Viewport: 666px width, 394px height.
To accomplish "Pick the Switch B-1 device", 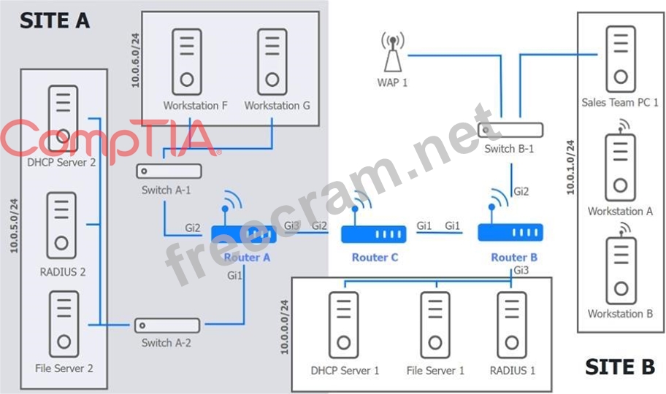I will click(x=510, y=130).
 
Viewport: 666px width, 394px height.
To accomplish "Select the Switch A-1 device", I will click(x=169, y=171).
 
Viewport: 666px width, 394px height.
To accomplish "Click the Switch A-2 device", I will click(x=166, y=325).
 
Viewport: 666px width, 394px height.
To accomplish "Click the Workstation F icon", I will click(x=188, y=58).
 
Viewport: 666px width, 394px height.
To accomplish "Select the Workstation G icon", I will click(x=272, y=58).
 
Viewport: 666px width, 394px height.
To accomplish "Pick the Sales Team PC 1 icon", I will click(x=620, y=60).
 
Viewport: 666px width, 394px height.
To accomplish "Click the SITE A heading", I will click(x=54, y=20).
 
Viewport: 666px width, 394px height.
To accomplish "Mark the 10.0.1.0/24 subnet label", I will click(x=571, y=167).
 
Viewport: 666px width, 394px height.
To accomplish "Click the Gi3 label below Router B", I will click(x=521, y=271).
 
